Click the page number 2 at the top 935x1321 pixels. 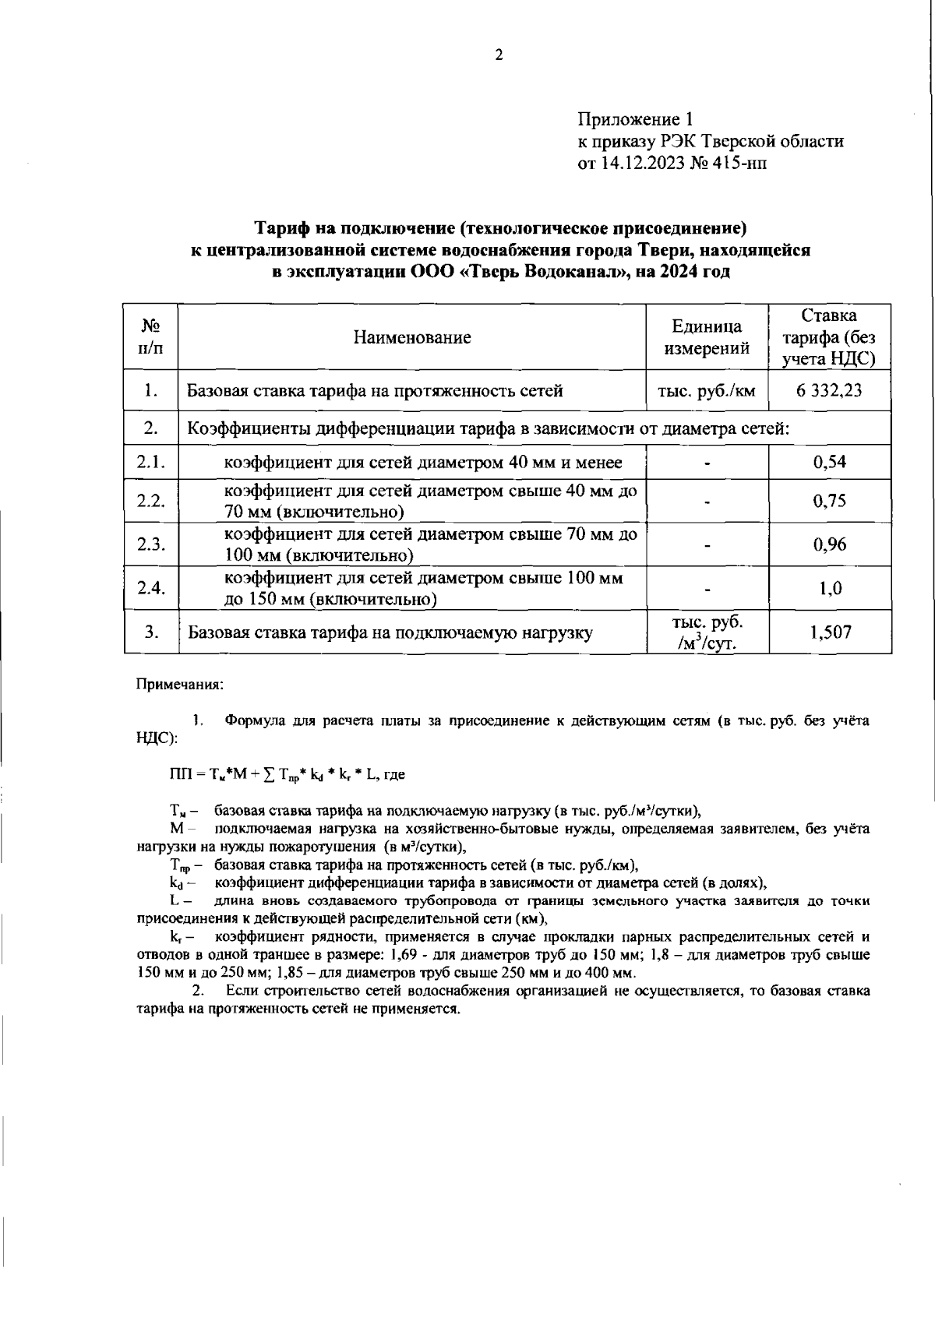click(499, 55)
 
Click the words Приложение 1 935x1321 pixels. click(634, 119)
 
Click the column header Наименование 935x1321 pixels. click(412, 337)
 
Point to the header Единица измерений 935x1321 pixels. click(707, 337)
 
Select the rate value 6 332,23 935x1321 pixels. click(829, 390)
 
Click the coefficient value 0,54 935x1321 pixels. click(829, 462)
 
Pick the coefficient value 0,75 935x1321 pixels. click(829, 501)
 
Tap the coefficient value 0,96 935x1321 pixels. click(829, 544)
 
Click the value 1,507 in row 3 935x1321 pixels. click(830, 632)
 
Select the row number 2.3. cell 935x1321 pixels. click(151, 544)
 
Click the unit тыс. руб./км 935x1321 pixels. click(707, 390)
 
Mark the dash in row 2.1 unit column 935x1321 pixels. click(707, 463)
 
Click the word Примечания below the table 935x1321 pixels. click(180, 685)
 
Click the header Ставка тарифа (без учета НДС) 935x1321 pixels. click(829, 337)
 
